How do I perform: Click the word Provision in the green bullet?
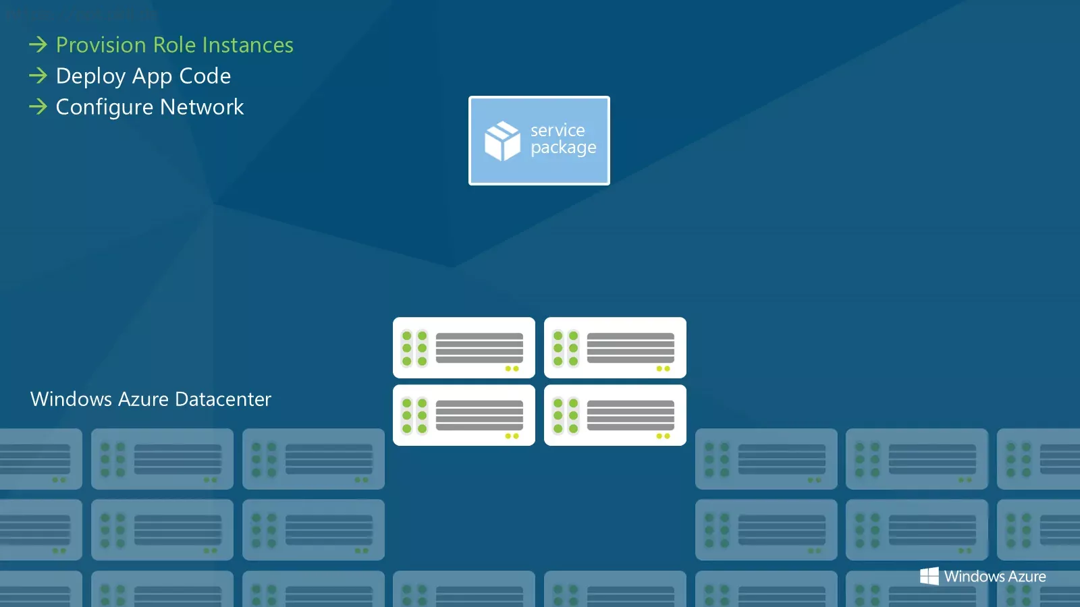click(101, 45)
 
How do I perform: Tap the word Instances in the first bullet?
click(248, 45)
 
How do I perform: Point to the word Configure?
click(105, 107)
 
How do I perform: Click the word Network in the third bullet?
click(202, 107)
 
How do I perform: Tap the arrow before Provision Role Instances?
click(38, 45)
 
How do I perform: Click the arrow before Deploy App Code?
click(38, 76)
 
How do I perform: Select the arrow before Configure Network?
click(38, 107)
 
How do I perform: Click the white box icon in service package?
click(502, 141)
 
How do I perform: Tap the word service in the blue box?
click(558, 130)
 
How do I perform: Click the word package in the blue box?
click(564, 148)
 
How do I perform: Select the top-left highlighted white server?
click(464, 347)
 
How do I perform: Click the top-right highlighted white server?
click(615, 347)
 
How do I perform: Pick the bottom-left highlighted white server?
click(464, 415)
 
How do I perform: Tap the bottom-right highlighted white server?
click(615, 415)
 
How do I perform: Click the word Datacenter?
click(223, 399)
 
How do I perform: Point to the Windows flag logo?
click(929, 576)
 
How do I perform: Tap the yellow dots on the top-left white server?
click(512, 368)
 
